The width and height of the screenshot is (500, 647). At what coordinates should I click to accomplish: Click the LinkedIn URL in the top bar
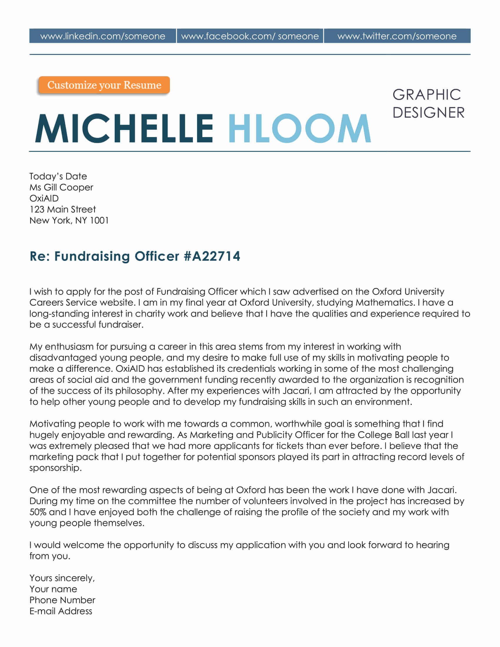102,36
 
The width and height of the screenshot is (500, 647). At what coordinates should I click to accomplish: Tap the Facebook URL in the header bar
250,36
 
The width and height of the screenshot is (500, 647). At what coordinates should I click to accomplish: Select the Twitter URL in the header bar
397,36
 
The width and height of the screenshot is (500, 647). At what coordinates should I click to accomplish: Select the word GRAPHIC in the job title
426,95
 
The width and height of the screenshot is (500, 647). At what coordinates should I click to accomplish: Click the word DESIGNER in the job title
428,113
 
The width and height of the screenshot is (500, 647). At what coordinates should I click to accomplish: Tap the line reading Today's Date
58,176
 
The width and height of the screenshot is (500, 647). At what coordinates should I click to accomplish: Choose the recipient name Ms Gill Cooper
61,187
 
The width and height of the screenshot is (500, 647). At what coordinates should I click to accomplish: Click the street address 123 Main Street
62,209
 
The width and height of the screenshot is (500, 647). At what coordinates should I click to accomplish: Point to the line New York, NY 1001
69,220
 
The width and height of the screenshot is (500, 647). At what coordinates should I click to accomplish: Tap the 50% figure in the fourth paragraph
38,512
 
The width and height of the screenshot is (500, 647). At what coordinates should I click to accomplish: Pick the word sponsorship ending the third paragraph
55,468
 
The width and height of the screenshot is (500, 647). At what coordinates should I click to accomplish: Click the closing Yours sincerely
62,578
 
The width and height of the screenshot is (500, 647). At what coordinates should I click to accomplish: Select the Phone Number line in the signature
62,600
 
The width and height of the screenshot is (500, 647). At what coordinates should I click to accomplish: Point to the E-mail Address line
61,611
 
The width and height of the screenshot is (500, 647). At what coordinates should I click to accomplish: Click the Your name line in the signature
53,589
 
